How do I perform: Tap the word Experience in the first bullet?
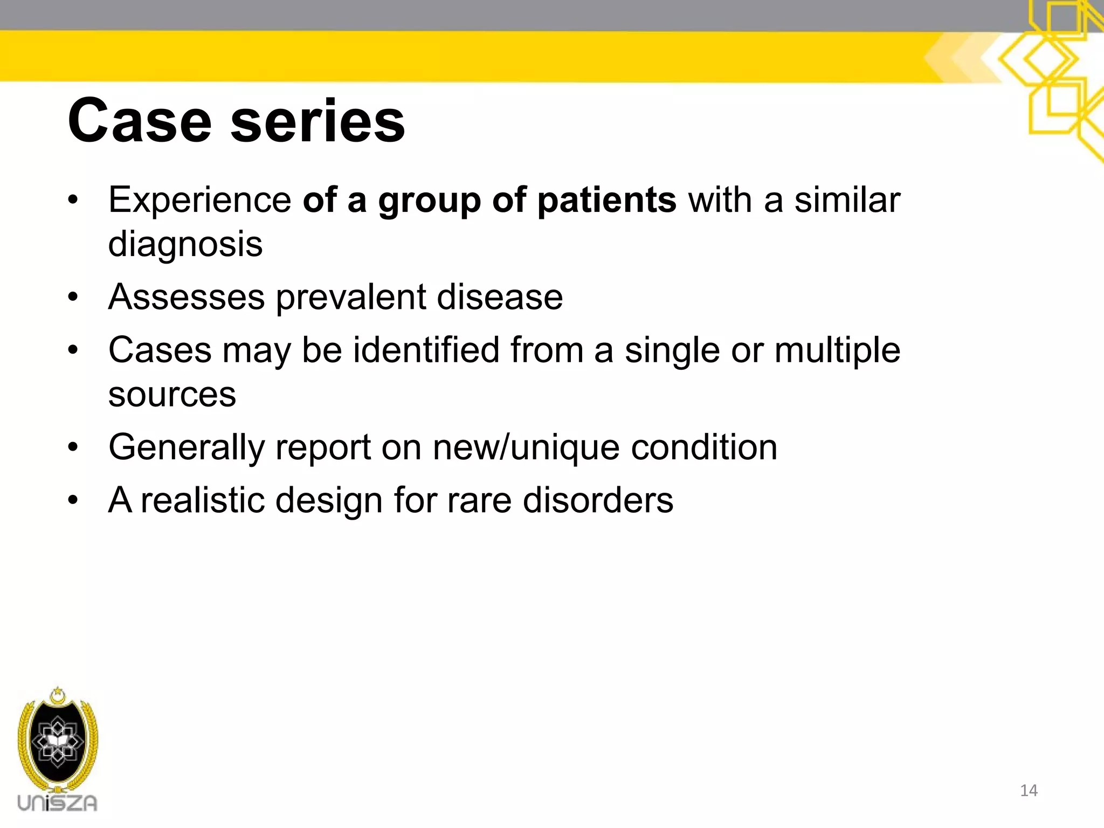(x=200, y=201)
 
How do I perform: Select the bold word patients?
(x=606, y=201)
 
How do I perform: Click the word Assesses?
(x=187, y=297)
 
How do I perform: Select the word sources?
(x=172, y=395)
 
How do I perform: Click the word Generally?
(x=187, y=448)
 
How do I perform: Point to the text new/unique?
(x=526, y=448)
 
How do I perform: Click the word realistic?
(x=203, y=500)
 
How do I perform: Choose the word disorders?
(x=598, y=500)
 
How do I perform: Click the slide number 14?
(x=1029, y=790)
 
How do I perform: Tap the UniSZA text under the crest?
(x=57, y=803)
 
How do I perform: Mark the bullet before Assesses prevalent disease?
(x=73, y=298)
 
